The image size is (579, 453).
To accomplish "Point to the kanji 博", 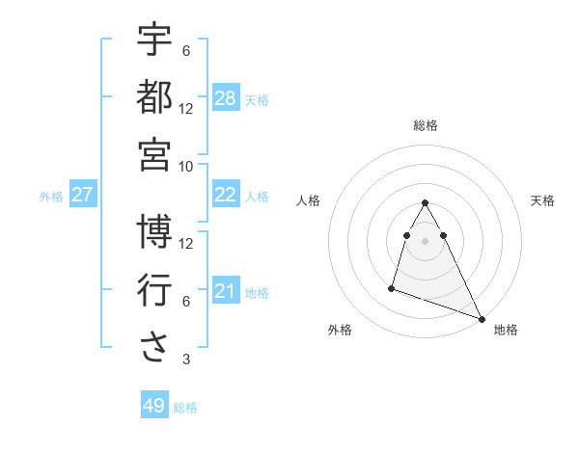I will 154,231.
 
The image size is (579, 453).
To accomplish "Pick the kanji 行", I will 154,290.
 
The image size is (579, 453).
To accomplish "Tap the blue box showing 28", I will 225,98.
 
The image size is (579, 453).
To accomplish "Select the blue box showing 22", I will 225,195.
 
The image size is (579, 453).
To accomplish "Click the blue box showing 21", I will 225,291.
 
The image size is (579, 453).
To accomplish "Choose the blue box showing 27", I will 82,195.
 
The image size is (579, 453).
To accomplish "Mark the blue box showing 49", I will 154,406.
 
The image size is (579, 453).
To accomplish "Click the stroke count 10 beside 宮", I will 186,166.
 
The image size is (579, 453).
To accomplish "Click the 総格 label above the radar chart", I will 425,126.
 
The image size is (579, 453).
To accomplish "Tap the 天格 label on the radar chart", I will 542,200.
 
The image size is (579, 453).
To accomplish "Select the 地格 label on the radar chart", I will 506,331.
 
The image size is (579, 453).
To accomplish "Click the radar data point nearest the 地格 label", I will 482,320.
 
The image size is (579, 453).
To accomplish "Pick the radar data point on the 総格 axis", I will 425,203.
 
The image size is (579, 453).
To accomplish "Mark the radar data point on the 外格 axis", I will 392,287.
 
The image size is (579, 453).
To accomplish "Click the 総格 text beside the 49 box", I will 186,408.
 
